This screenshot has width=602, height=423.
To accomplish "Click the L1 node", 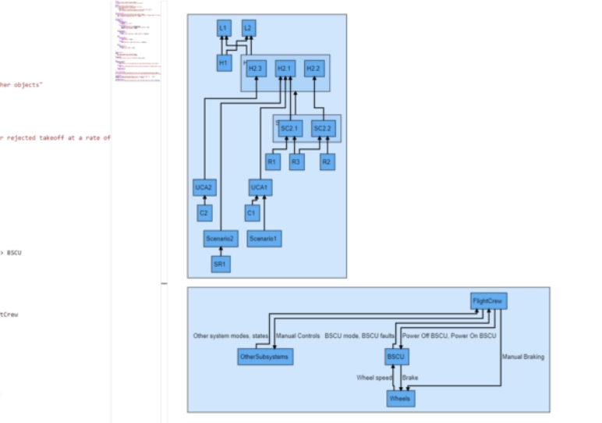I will [223, 29].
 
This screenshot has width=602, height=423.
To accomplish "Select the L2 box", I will [248, 29].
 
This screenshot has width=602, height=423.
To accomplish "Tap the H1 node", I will [223, 62].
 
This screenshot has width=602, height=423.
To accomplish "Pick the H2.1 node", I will [285, 69].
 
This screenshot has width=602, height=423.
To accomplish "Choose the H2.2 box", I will [313, 69].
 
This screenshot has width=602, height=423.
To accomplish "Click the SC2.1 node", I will [289, 128].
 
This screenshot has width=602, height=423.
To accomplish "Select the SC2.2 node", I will [322, 128].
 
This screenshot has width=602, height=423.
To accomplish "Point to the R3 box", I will [296, 162].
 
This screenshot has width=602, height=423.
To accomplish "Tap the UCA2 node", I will [204, 187].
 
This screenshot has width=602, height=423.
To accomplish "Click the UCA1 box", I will [259, 187].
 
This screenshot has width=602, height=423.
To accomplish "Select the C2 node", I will [204, 212].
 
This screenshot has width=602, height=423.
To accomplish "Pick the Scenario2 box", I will [221, 238].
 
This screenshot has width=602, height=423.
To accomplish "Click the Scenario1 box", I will [264, 238].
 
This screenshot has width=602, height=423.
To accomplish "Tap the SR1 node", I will [221, 265].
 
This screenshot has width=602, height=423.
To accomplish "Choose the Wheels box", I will [400, 398].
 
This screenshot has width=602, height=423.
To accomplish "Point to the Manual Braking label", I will [523, 357].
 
